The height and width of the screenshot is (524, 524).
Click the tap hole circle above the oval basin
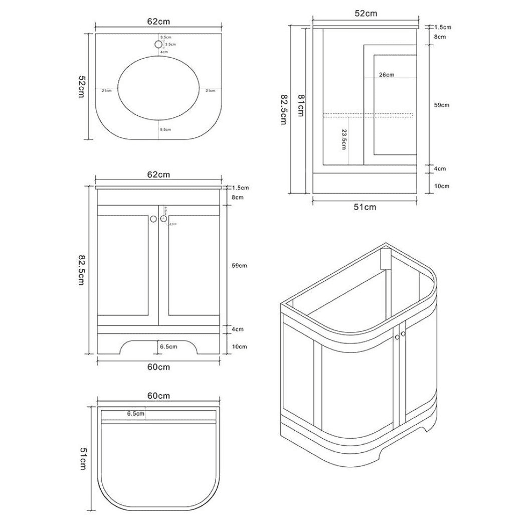(158, 44)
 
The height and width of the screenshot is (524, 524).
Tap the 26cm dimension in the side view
(386, 75)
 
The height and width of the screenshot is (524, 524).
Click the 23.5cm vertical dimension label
(343, 139)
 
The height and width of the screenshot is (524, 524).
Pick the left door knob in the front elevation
(153, 219)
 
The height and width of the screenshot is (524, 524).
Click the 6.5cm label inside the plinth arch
(167, 346)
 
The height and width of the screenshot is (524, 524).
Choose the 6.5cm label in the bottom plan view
(135, 414)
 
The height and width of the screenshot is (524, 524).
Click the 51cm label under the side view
(365, 207)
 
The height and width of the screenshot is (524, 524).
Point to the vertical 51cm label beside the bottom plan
(83, 459)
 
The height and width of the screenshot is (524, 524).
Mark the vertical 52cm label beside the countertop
(81, 87)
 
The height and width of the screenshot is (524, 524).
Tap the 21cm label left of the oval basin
(106, 91)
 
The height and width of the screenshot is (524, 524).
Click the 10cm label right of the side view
(441, 186)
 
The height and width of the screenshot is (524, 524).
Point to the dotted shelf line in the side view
(369, 115)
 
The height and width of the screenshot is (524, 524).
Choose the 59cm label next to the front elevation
(240, 265)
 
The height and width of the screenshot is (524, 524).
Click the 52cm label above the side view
(366, 14)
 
